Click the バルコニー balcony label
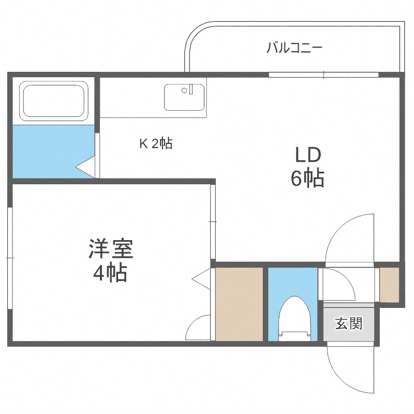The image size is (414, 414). (x=294, y=49)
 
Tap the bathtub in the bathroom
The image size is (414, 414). (x=54, y=100)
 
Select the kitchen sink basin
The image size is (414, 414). (x=184, y=97)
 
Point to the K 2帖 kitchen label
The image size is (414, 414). (x=156, y=143)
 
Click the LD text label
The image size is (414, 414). (x=308, y=155)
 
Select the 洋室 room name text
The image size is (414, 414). (x=110, y=249)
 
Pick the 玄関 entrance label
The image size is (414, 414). (x=348, y=324)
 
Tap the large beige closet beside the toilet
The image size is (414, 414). (x=239, y=304)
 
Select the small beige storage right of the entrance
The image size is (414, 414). (x=390, y=285)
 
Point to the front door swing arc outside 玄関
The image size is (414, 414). (x=350, y=368)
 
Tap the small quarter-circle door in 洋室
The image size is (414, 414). (x=199, y=329)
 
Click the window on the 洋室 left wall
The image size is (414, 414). (x=9, y=258)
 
